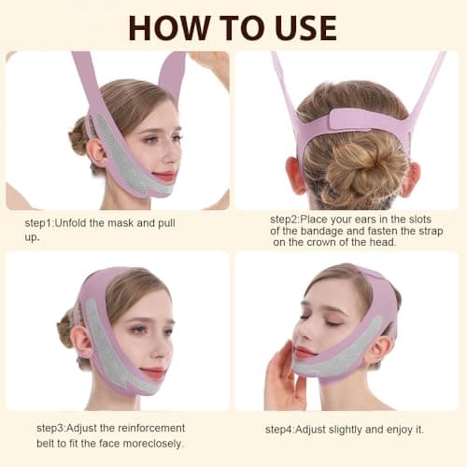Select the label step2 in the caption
[x=289, y=217]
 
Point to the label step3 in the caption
[x=54, y=428]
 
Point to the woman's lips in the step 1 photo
[x=164, y=176]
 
